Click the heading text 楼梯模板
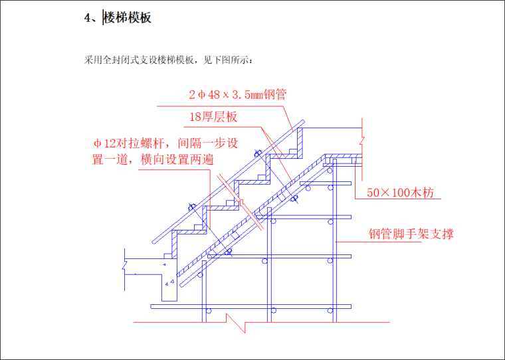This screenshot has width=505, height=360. [128, 18]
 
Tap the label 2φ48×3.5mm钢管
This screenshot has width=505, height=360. [237, 95]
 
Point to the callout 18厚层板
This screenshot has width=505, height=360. [214, 118]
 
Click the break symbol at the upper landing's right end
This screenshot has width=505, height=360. [361, 141]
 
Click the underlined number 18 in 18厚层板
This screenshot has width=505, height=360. [196, 118]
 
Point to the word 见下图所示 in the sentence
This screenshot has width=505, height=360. [231, 60]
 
